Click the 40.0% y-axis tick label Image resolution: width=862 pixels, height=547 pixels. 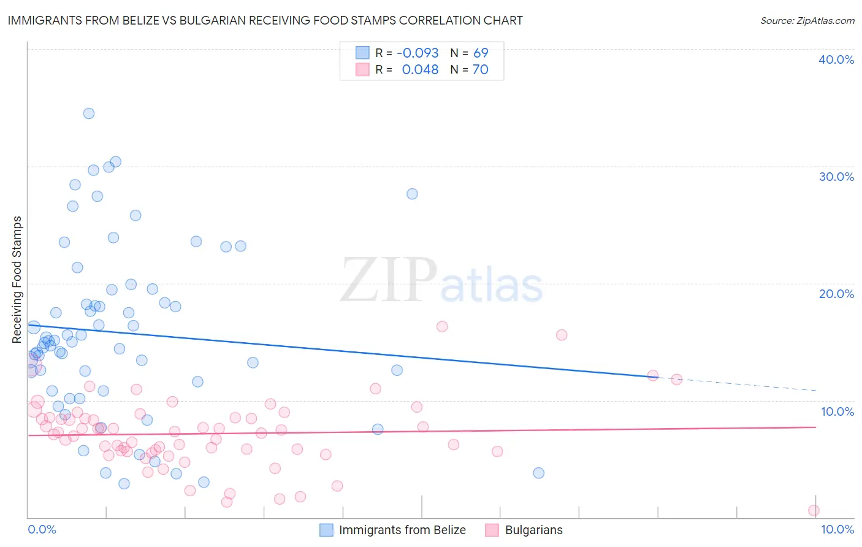pos(836,59)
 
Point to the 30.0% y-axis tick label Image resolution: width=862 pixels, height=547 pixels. pos(836,177)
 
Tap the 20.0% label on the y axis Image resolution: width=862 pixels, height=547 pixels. pos(836,294)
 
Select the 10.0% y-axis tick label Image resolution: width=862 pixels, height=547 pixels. pos(836,411)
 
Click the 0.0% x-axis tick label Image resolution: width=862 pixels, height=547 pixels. pos(42,529)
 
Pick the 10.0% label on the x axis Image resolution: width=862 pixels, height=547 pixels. pos(837,529)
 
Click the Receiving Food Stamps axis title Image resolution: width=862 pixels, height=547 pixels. pos(17,280)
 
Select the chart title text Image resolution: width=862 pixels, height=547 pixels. pos(265,20)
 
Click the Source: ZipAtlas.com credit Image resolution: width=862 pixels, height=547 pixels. pos(807,20)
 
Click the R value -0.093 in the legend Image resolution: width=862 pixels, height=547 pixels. pos(418,53)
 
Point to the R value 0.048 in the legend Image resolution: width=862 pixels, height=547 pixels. pos(420,70)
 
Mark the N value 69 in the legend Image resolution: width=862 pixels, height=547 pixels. pos(481,53)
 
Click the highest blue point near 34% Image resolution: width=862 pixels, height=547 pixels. pos(89,113)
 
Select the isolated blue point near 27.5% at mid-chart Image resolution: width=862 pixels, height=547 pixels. pos(412,194)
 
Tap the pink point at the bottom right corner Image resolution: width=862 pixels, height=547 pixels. pos(814,510)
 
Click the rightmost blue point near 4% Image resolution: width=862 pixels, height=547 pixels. pos(538,473)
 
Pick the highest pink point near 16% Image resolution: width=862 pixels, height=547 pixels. pos(442,326)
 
